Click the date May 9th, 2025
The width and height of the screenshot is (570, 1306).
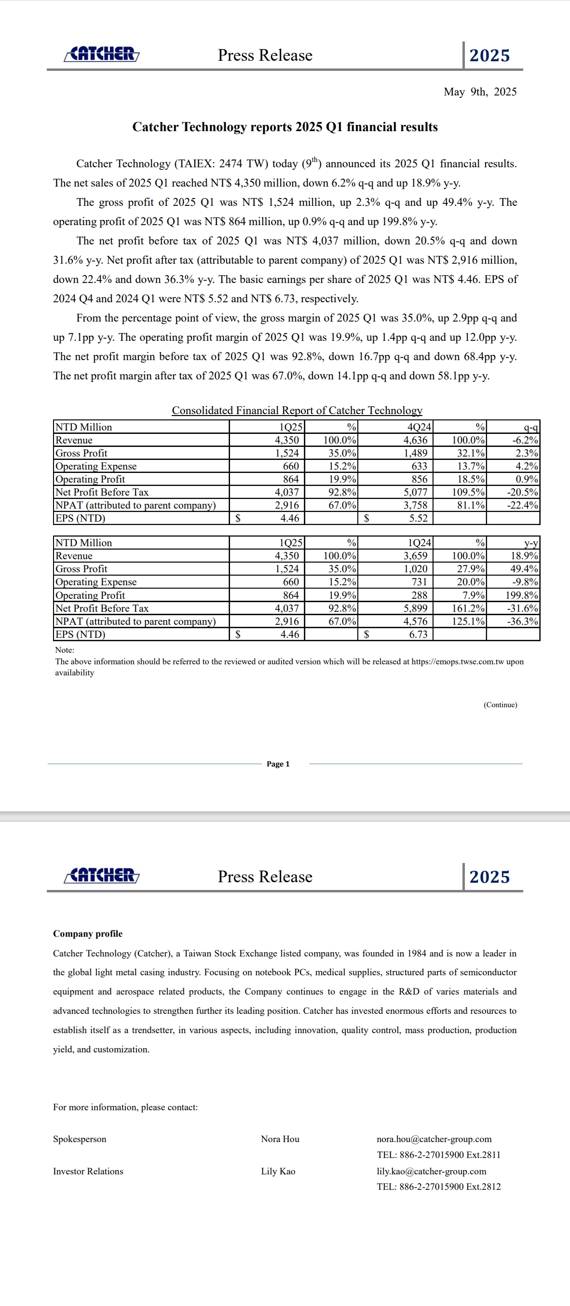click(480, 92)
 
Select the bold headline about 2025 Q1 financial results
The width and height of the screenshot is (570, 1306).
click(285, 127)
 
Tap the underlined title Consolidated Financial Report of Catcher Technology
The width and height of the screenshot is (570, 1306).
click(297, 410)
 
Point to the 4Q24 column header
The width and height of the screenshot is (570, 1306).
click(419, 427)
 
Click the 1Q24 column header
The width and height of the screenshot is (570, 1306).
click(419, 542)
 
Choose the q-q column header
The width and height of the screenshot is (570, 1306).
click(530, 427)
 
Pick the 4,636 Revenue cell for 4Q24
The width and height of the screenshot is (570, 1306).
click(415, 440)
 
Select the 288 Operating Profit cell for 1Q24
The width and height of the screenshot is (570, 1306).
click(420, 595)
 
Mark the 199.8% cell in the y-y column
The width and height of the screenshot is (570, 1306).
click(521, 595)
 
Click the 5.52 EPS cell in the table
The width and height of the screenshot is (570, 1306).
click(419, 518)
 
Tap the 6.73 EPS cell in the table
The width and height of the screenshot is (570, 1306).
click(419, 634)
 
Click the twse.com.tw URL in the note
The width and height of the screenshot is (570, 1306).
click(458, 661)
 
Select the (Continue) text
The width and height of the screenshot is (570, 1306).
click(500, 705)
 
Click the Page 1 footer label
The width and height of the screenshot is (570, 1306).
click(278, 764)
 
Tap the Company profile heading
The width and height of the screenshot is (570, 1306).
click(88, 934)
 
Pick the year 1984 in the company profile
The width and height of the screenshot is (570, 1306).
click(416, 953)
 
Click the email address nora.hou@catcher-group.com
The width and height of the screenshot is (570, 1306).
click(434, 1139)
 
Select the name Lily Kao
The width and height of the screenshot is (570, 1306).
click(278, 1171)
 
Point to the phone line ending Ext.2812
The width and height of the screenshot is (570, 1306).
click(439, 1186)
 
